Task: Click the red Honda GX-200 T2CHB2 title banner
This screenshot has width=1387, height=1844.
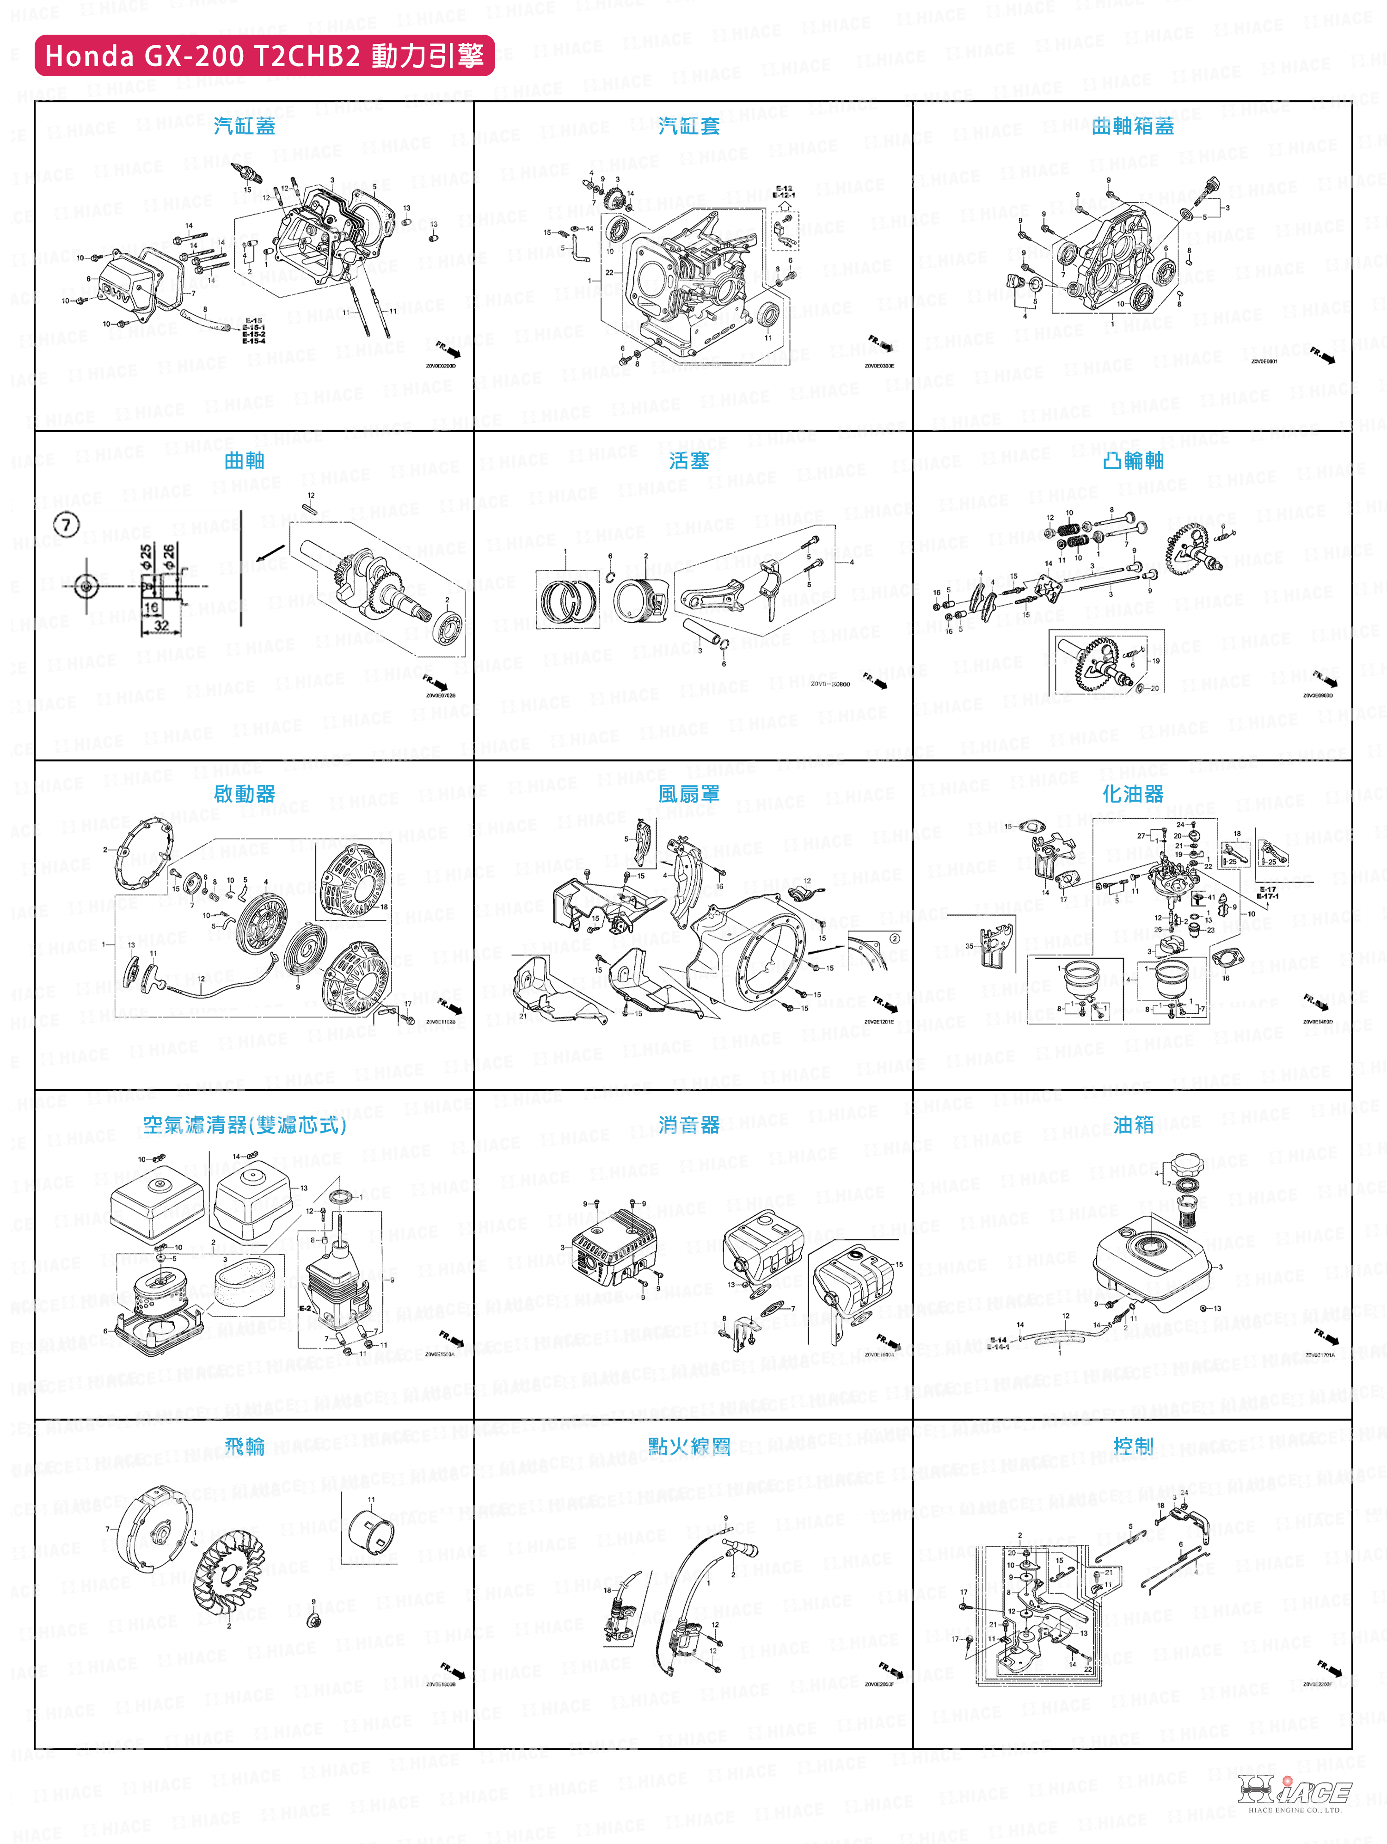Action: coord(264,56)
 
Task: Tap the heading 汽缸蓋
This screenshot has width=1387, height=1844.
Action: coord(244,126)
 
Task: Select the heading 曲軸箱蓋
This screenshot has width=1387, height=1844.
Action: coord(1133,126)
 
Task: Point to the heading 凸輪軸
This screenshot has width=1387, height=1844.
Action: coord(1133,461)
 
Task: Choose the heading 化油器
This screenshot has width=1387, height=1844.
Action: coord(1133,795)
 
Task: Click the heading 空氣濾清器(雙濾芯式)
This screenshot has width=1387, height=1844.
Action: coord(244,1126)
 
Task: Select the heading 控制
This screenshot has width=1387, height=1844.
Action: coord(1133,1446)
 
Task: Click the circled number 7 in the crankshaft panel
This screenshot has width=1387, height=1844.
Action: coord(67,524)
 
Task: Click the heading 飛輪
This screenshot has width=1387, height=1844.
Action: coord(244,1446)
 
